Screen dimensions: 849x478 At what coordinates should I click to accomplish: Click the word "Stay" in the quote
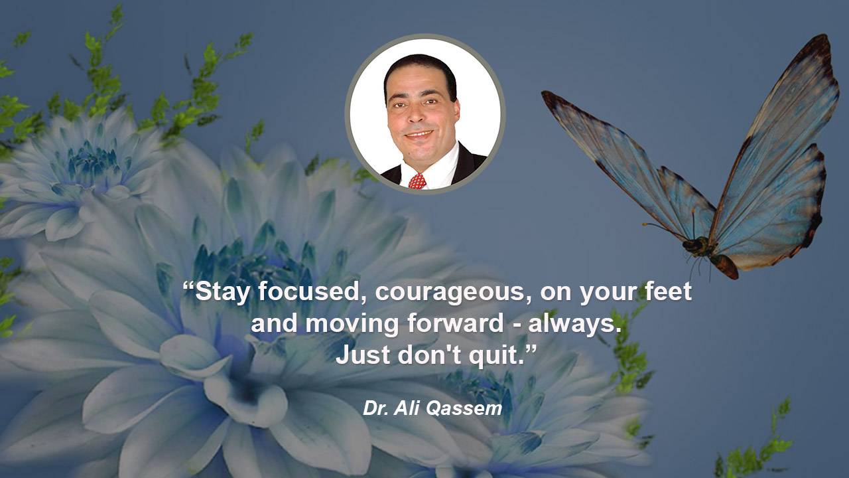tap(222, 292)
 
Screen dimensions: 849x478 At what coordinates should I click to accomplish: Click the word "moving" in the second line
tap(352, 325)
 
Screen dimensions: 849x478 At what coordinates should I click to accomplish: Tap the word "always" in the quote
tap(572, 325)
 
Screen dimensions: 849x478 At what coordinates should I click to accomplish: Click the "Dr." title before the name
tap(375, 408)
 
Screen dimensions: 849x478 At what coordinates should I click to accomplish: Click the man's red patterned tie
tap(417, 181)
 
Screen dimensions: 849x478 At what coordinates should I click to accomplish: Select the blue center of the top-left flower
tap(91, 163)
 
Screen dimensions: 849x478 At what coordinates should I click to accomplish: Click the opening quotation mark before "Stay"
tap(188, 285)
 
